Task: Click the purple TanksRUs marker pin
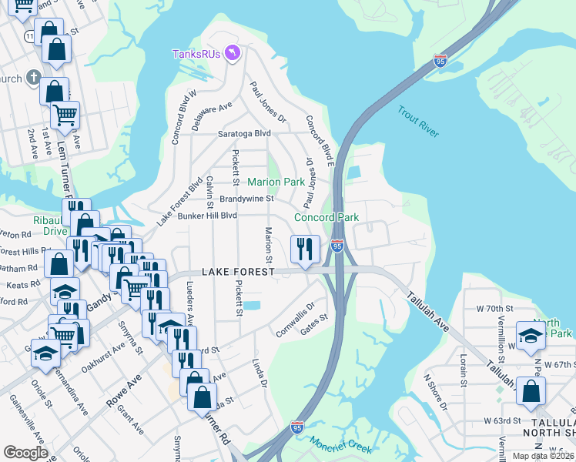click(x=234, y=53)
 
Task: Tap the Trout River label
click(x=418, y=122)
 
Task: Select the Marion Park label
click(x=276, y=182)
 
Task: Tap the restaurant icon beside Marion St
click(x=305, y=249)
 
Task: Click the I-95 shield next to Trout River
click(x=440, y=59)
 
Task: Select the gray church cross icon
click(x=32, y=77)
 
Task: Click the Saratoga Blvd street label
click(x=245, y=133)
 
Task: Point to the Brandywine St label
click(x=246, y=199)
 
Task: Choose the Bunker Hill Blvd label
click(x=207, y=216)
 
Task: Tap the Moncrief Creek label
click(x=340, y=445)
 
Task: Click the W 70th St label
click(x=494, y=308)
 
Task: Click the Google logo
click(x=25, y=453)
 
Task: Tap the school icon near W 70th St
click(x=531, y=335)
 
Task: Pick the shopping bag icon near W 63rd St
click(x=532, y=390)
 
